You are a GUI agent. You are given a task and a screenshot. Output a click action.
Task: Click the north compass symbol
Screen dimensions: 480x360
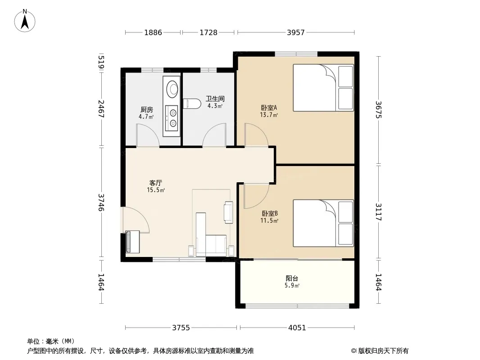pyautogui.click(x=25, y=21)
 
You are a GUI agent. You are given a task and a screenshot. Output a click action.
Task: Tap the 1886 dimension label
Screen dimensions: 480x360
pyautogui.click(x=153, y=32)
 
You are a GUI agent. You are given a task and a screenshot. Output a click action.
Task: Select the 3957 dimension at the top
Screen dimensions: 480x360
pyautogui.click(x=296, y=32)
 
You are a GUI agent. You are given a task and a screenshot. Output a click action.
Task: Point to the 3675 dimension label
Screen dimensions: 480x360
pyautogui.click(x=379, y=109)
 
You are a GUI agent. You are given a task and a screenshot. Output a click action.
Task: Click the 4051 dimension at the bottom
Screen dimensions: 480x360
pyautogui.click(x=297, y=328)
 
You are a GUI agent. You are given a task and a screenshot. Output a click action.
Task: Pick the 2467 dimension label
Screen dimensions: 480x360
pyautogui.click(x=101, y=109)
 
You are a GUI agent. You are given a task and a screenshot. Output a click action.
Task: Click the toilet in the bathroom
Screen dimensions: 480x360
pyautogui.click(x=192, y=103)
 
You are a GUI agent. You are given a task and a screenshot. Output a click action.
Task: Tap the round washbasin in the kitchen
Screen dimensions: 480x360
pyautogui.click(x=172, y=89)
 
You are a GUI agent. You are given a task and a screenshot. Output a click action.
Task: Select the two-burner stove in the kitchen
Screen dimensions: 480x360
pyautogui.click(x=172, y=118)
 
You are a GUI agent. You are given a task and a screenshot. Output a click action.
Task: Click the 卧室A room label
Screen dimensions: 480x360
pyautogui.click(x=269, y=108)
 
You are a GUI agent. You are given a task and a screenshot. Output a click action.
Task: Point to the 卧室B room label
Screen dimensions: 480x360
pyautogui.click(x=270, y=213)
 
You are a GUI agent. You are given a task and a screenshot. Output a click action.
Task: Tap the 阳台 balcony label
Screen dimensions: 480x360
pyautogui.click(x=292, y=279)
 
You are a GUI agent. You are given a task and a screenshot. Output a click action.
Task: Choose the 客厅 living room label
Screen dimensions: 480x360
pyautogui.click(x=155, y=183)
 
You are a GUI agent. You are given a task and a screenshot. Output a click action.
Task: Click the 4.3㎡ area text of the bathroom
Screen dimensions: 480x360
pyautogui.click(x=215, y=106)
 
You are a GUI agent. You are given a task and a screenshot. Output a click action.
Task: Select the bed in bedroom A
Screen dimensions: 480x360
pyautogui.click(x=323, y=88)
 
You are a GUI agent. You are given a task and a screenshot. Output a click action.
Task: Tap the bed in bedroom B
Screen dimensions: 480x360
pyautogui.click(x=323, y=223)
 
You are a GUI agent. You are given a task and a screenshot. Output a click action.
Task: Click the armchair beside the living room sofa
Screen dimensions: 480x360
pyautogui.click(x=228, y=212)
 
